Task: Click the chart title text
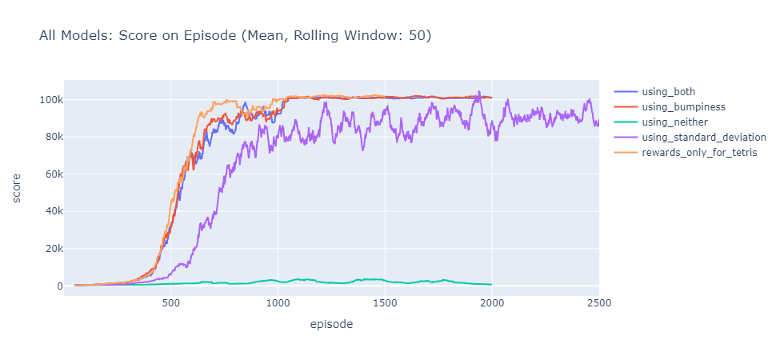coord(235,36)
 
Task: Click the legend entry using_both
coord(674,91)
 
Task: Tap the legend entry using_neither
coord(681,122)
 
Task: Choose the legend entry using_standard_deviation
coord(705,137)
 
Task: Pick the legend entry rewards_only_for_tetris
coord(700,152)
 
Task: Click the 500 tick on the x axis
coord(170,304)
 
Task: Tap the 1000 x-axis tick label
coord(278,304)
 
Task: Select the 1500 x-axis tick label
coord(385,304)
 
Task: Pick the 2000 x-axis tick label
coord(492,304)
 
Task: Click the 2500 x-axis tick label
coord(598,304)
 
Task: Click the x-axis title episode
coord(330,325)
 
